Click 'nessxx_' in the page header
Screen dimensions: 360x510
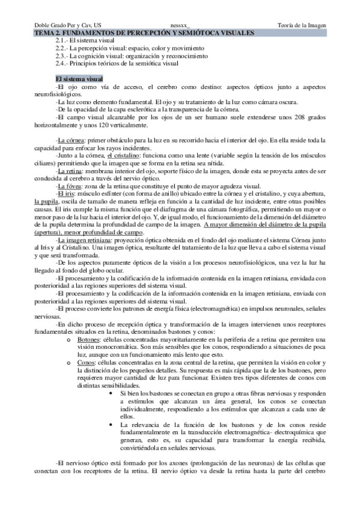click(x=180, y=25)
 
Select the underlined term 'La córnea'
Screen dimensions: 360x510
click(x=70, y=140)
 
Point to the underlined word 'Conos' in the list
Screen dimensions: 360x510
click(x=86, y=362)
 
